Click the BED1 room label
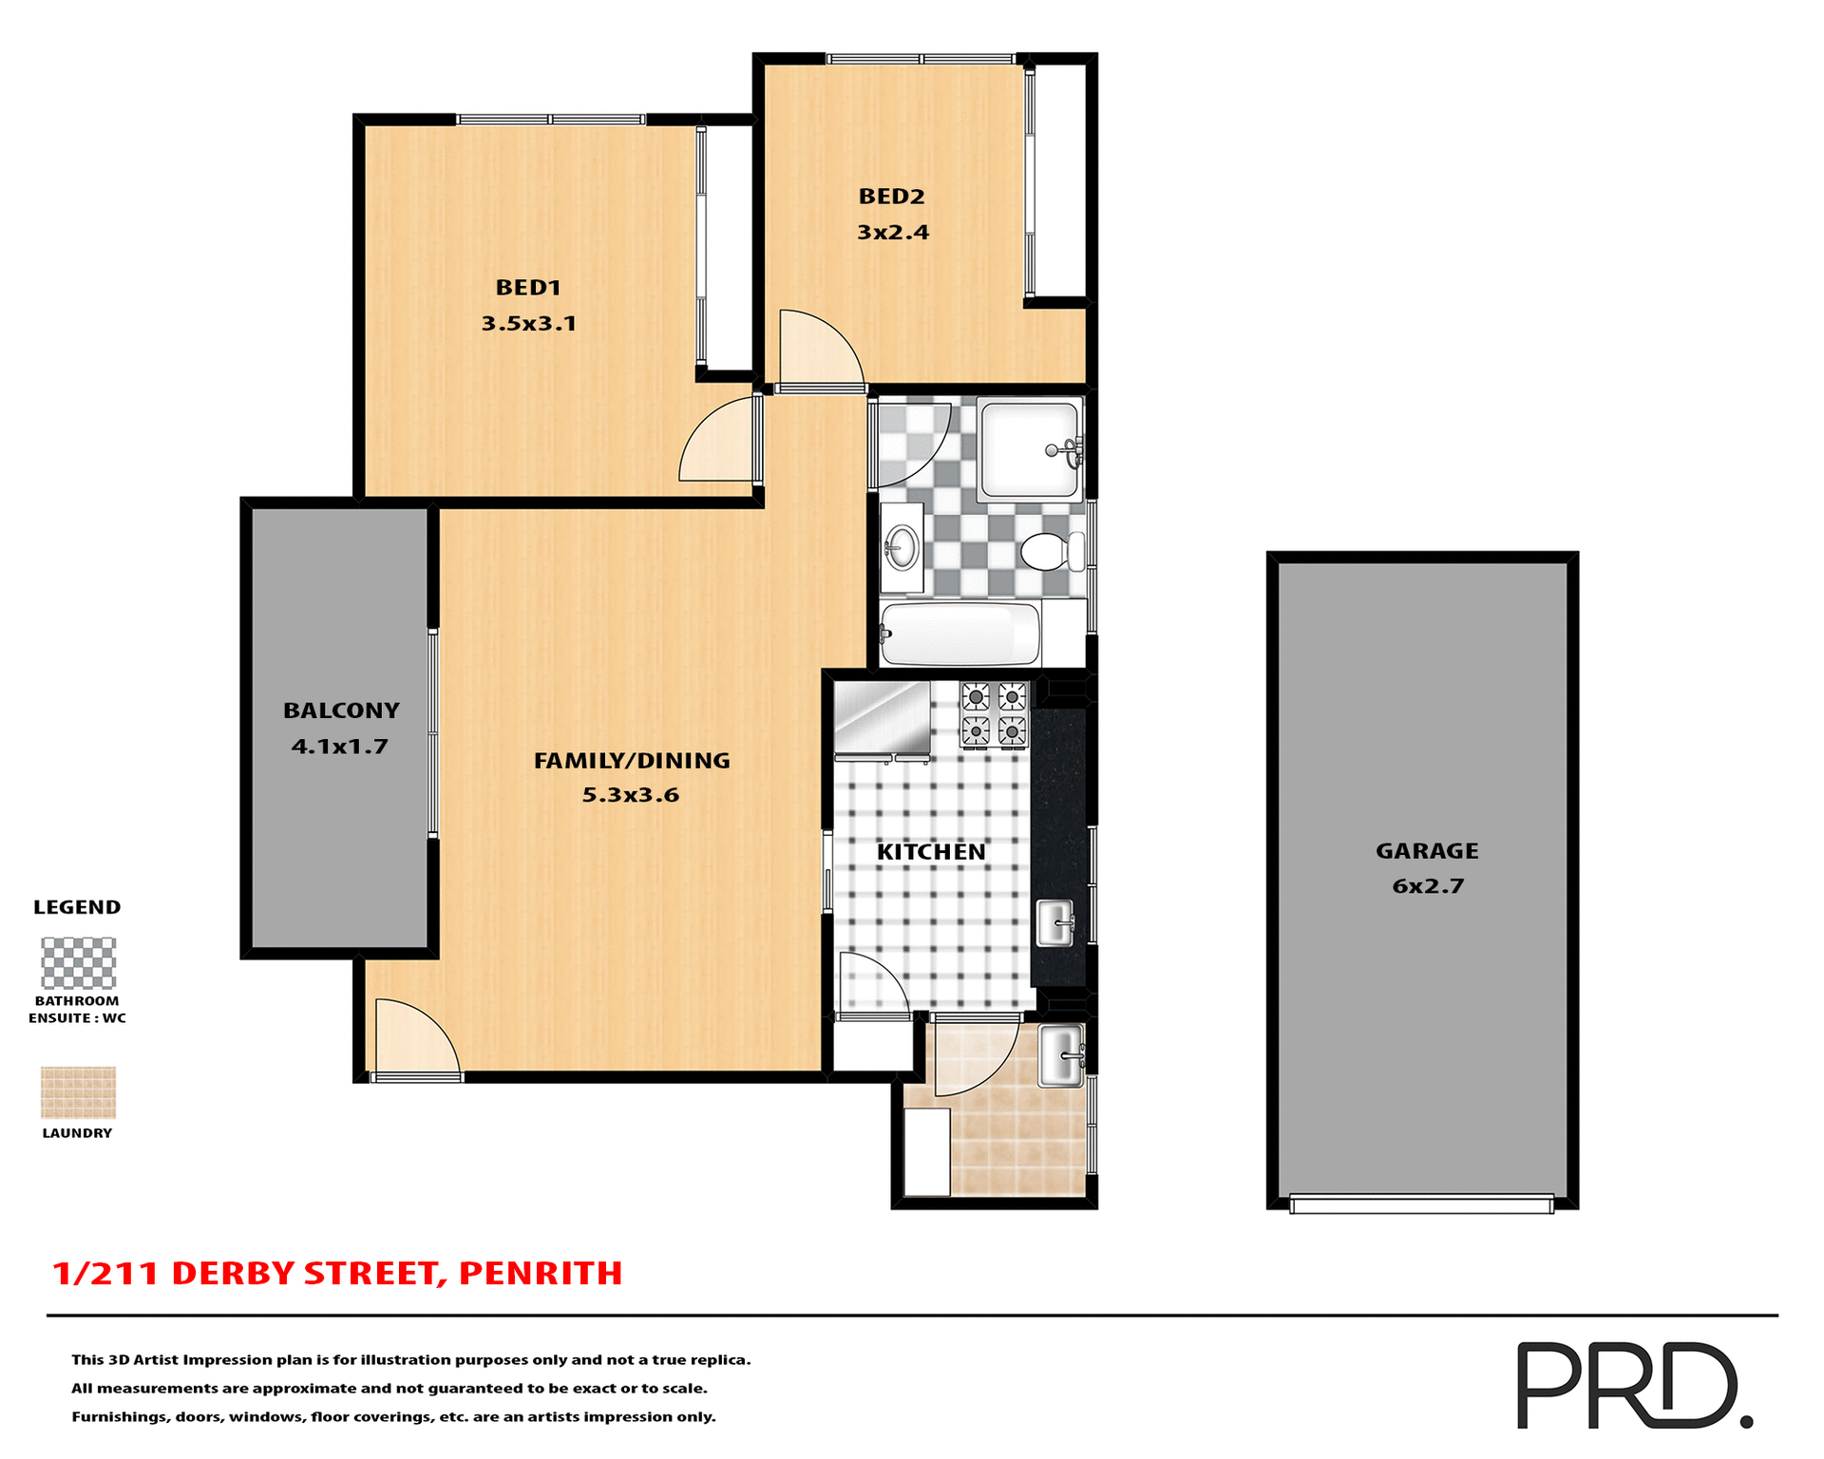click(x=528, y=288)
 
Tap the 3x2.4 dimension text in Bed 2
click(x=892, y=233)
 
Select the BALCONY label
click(x=341, y=711)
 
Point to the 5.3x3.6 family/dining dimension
click(x=631, y=795)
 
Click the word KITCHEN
click(x=931, y=852)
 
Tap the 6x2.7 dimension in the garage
click(x=1428, y=886)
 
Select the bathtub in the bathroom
click(x=959, y=634)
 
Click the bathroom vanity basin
click(x=901, y=547)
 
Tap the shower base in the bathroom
click(x=1030, y=449)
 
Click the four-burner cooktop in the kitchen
click(x=994, y=714)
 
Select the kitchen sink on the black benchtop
click(x=1054, y=922)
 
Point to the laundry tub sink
click(x=1059, y=1055)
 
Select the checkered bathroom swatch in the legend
click(x=78, y=963)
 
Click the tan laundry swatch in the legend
click(x=78, y=1092)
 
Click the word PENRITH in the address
click(x=541, y=1273)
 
